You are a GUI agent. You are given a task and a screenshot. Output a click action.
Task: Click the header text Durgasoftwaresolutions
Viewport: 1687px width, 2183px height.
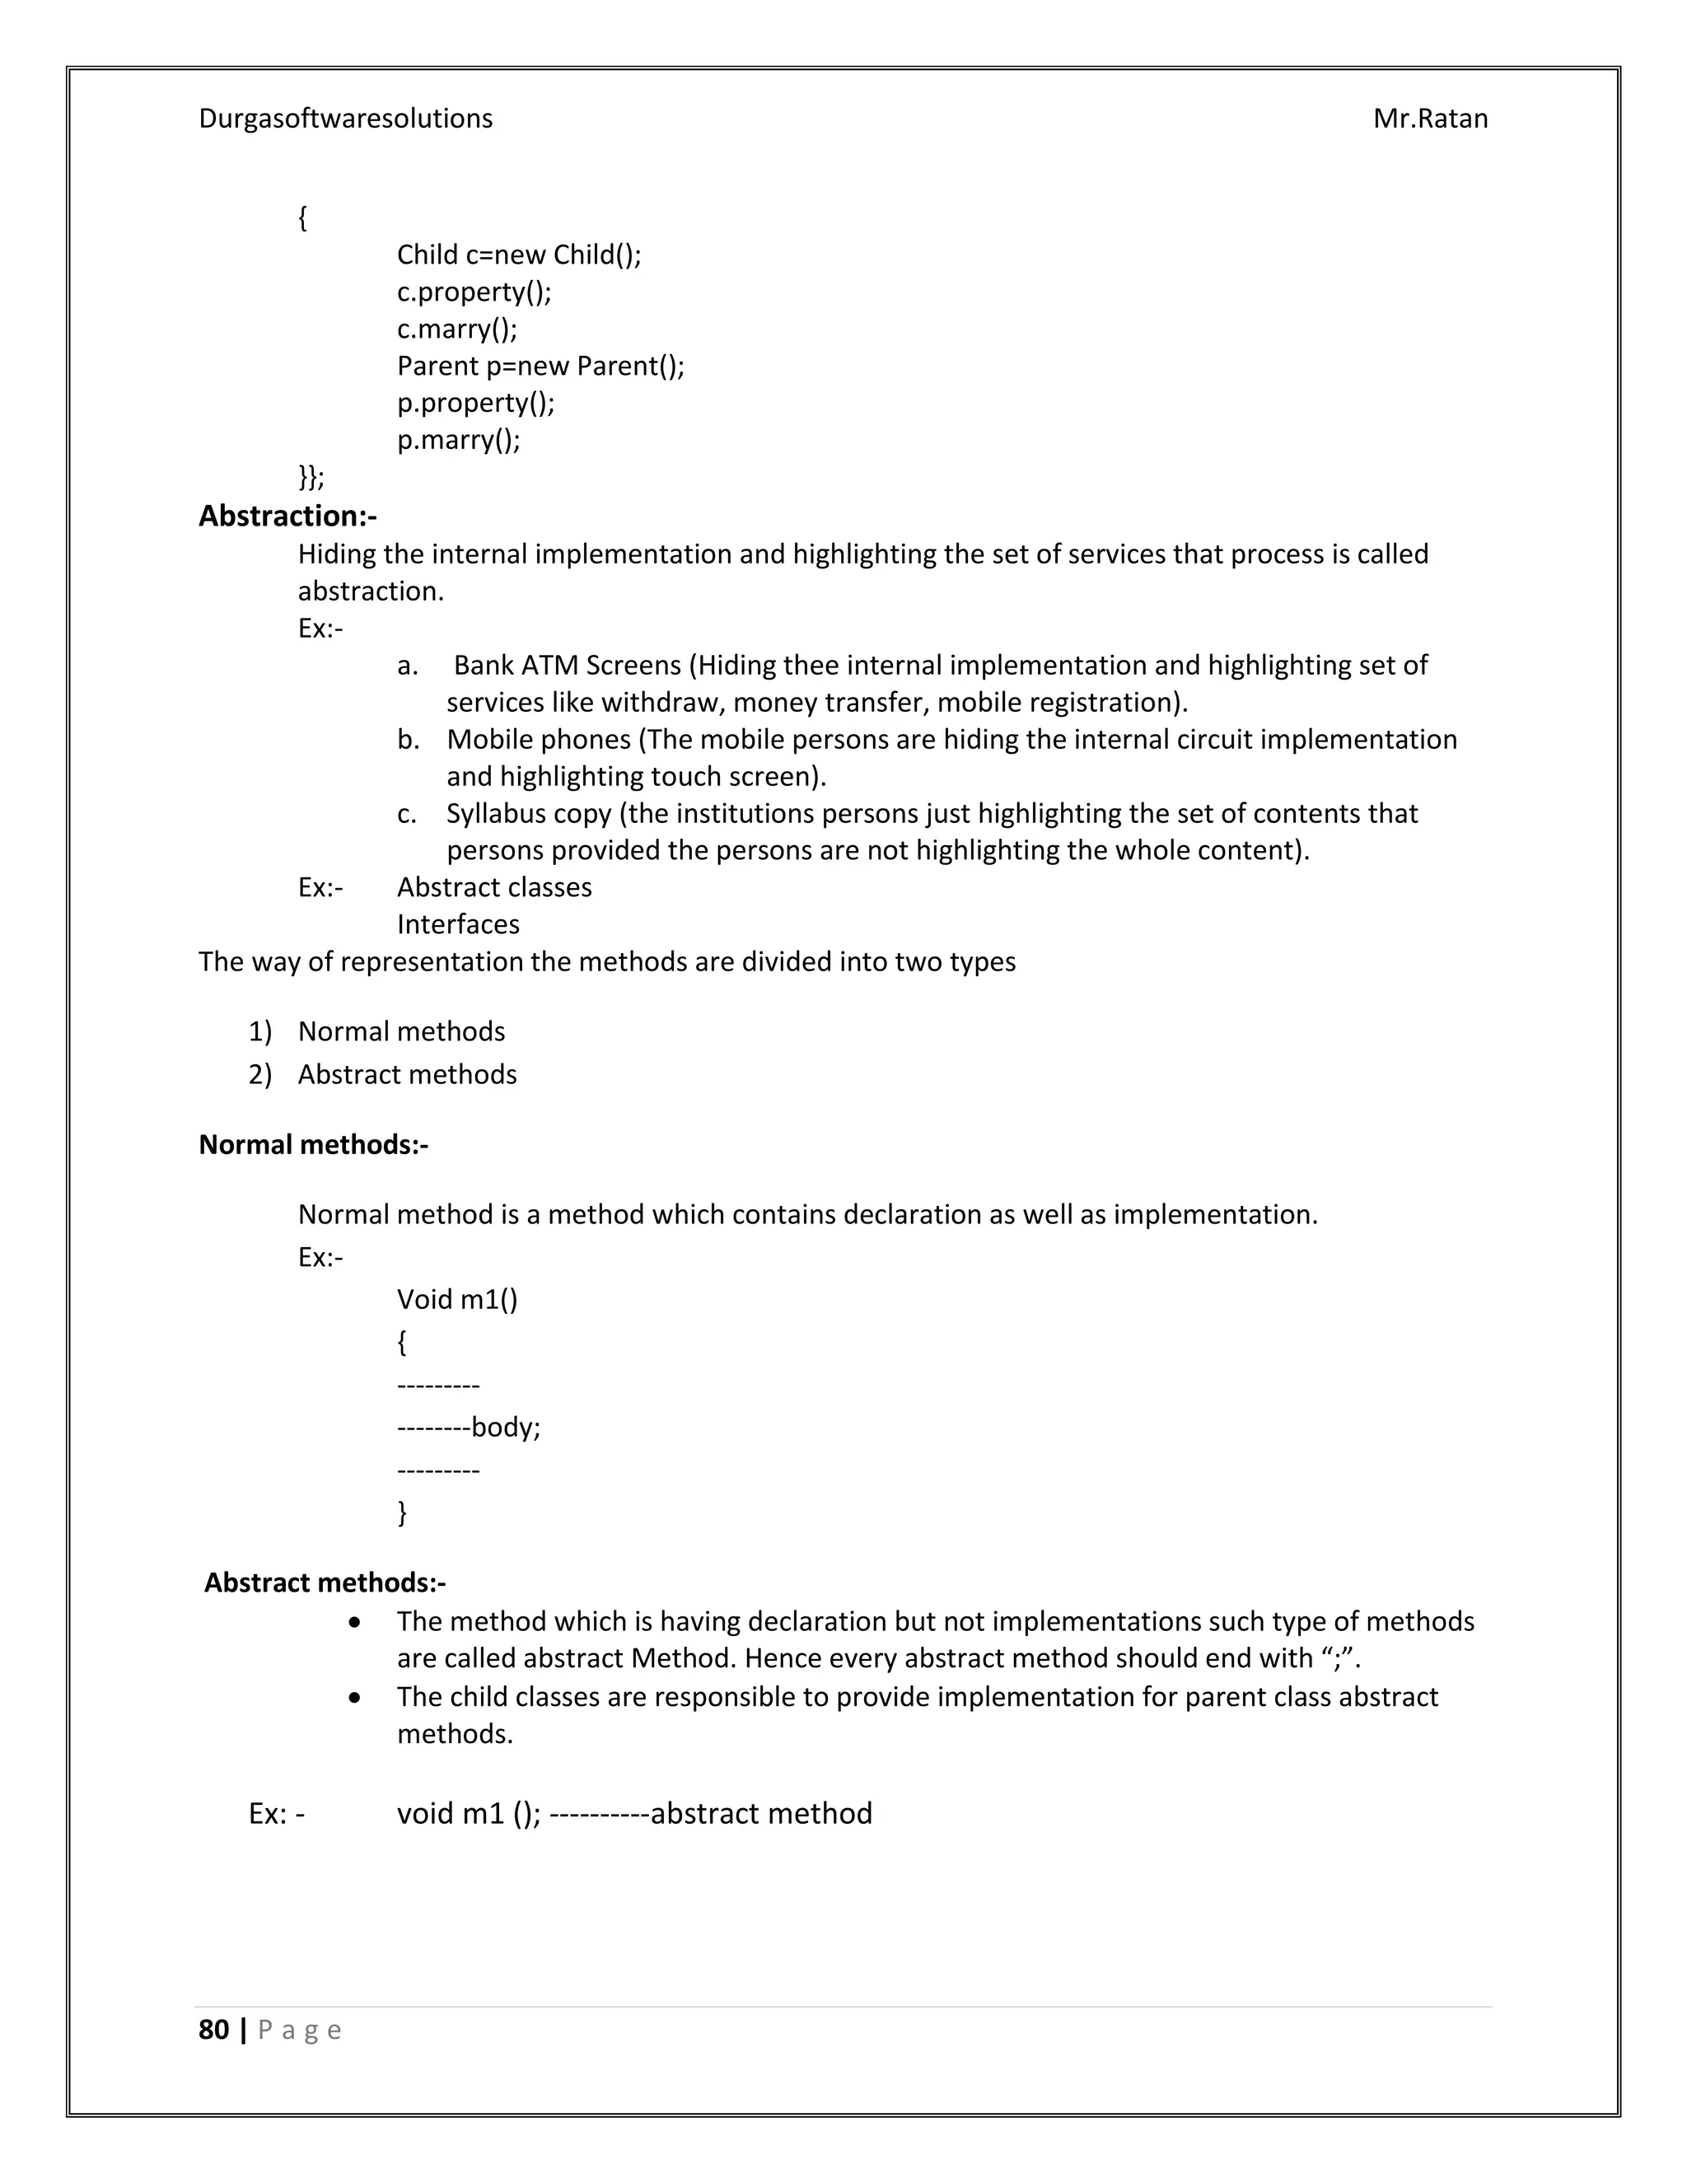[x=345, y=118]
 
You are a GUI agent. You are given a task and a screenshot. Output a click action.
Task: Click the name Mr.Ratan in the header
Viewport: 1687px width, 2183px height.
[x=1429, y=118]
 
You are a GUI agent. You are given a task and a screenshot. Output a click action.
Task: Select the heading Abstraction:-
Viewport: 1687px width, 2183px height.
[x=287, y=516]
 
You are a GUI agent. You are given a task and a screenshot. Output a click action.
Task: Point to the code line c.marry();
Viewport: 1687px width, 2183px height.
[x=456, y=328]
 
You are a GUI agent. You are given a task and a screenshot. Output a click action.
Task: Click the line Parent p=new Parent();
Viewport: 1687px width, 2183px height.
[x=540, y=366]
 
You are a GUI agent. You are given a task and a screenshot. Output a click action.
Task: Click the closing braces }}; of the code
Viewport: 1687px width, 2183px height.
[x=311, y=477]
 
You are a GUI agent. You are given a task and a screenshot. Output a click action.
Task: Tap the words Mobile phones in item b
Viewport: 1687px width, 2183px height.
[x=538, y=739]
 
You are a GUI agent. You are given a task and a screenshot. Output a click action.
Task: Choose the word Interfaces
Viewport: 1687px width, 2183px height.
[x=458, y=923]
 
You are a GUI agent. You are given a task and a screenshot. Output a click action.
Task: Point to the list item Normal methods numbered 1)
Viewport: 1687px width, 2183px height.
[x=401, y=1031]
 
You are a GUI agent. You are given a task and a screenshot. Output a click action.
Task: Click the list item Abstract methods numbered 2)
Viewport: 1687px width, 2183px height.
[x=407, y=1073]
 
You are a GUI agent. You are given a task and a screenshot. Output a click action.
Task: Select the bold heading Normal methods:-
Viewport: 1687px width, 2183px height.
[x=313, y=1143]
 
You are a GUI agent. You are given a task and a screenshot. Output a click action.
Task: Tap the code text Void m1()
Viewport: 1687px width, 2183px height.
[x=456, y=1298]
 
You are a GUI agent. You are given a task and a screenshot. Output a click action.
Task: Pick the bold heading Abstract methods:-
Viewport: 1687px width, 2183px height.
[x=325, y=1582]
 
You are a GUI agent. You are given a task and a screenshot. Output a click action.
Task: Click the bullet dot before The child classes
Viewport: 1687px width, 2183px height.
[x=355, y=1697]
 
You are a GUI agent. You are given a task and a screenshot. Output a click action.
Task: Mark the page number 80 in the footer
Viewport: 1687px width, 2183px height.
[x=214, y=2029]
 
